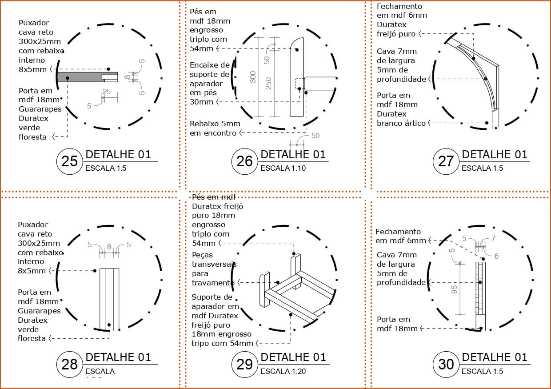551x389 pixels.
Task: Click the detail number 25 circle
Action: [x=70, y=161]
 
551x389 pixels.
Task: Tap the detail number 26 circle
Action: [x=244, y=161]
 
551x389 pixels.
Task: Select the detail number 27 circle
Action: [x=446, y=161]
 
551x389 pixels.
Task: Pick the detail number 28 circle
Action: [x=70, y=364]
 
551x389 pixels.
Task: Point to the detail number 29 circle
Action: [x=244, y=364]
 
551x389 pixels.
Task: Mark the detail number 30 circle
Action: [x=446, y=364]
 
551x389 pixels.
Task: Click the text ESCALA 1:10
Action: [x=283, y=168]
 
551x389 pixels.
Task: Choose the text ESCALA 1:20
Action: [x=283, y=371]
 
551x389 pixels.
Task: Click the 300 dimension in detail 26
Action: [x=253, y=77]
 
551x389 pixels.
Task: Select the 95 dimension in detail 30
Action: [x=454, y=289]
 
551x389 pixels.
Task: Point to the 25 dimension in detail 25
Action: [x=107, y=92]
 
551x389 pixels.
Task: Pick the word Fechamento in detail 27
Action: [x=399, y=6]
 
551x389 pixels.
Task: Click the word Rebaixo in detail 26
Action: [x=203, y=124]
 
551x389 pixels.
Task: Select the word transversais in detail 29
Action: [x=214, y=264]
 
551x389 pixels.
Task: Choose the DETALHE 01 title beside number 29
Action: [x=293, y=357]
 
